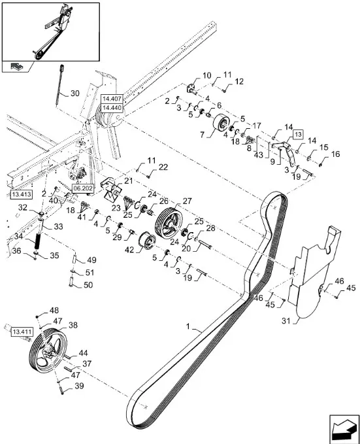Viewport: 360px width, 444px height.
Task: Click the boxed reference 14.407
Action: click(x=112, y=99)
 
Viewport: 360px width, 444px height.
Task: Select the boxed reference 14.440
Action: click(x=112, y=108)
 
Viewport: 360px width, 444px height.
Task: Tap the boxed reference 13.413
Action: click(x=21, y=194)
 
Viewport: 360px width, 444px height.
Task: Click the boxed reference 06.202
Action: click(x=83, y=188)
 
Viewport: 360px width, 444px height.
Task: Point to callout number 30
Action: click(x=74, y=93)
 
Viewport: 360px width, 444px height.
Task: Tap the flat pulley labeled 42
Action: click(x=146, y=241)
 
